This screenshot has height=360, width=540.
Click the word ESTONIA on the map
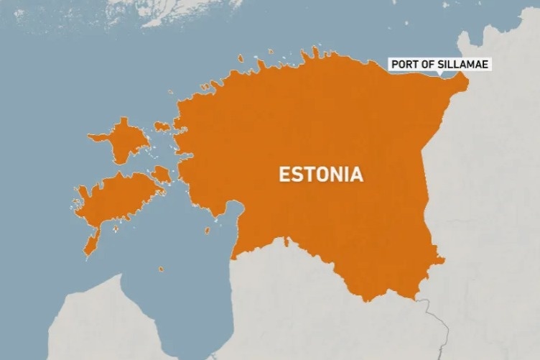(x=320, y=175)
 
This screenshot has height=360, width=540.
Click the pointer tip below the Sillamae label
(x=439, y=75)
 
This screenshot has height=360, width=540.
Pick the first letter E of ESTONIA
(x=284, y=175)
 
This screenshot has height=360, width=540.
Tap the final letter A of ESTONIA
(x=357, y=175)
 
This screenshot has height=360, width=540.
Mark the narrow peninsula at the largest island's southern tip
(x=90, y=244)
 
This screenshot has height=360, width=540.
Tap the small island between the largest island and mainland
(x=160, y=174)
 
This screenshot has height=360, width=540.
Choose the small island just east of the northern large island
(x=162, y=126)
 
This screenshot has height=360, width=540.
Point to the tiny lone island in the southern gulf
(x=160, y=269)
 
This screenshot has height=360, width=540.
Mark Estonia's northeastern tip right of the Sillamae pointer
(x=461, y=80)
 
